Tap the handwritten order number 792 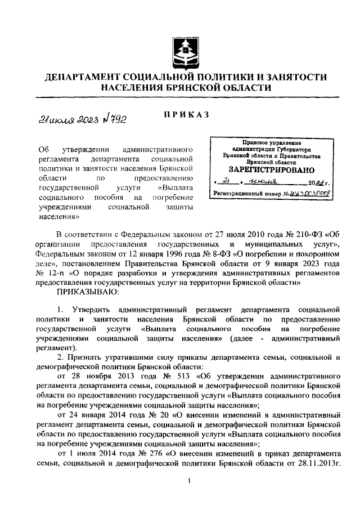pos(112,118)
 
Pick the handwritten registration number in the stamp pos(310,193)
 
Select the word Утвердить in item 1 pos(92,310)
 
